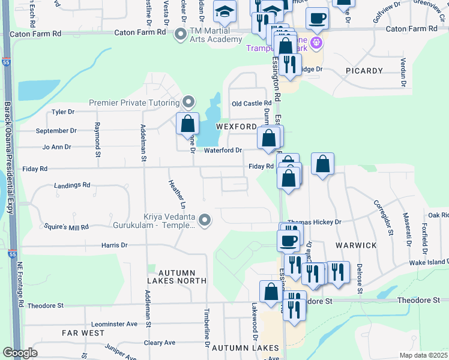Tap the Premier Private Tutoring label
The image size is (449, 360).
click(134, 103)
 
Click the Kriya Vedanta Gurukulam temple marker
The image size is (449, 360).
click(205, 221)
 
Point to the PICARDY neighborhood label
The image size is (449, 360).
click(364, 71)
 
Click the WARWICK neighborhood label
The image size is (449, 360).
click(360, 245)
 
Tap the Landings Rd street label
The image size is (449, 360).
click(71, 185)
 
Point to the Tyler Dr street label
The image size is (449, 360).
click(63, 112)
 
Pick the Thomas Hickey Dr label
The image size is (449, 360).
click(314, 221)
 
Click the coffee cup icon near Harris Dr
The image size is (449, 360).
click(288, 241)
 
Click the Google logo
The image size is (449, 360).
click(20, 353)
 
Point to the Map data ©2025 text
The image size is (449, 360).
click(423, 355)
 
